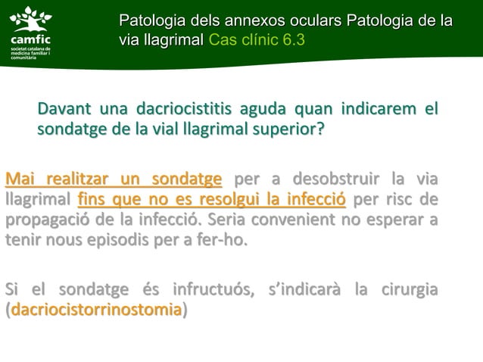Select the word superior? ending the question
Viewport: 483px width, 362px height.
(288, 130)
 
